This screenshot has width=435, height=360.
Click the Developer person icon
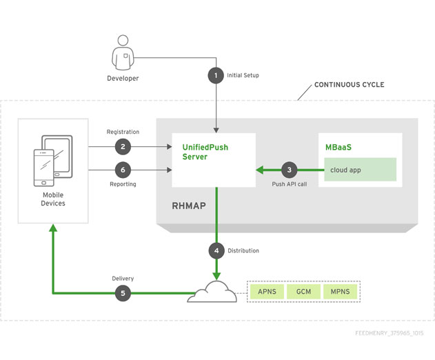click(123, 52)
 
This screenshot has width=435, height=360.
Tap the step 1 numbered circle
click(216, 75)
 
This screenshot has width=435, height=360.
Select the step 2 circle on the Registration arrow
click(123, 147)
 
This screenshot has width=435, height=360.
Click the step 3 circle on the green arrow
click(289, 170)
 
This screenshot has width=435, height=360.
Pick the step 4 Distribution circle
click(216, 250)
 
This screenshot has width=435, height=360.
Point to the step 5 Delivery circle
click(123, 293)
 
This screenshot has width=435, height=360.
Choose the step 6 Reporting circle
click(123, 170)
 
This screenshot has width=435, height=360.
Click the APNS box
click(267, 292)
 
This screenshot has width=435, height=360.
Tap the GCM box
click(303, 292)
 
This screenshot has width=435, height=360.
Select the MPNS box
click(340, 292)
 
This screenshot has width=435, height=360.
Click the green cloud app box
click(360, 170)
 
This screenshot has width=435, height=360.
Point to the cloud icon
click(212, 292)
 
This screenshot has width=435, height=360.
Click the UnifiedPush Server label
click(205, 152)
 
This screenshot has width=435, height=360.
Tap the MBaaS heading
click(338, 147)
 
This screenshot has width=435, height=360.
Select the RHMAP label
click(189, 206)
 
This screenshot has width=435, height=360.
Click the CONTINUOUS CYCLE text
click(350, 85)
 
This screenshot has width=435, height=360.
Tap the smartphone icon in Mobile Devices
click(44, 168)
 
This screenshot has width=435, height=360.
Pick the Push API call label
click(290, 184)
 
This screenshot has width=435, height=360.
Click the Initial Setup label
click(243, 75)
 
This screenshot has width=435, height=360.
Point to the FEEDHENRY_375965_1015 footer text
click(390, 333)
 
